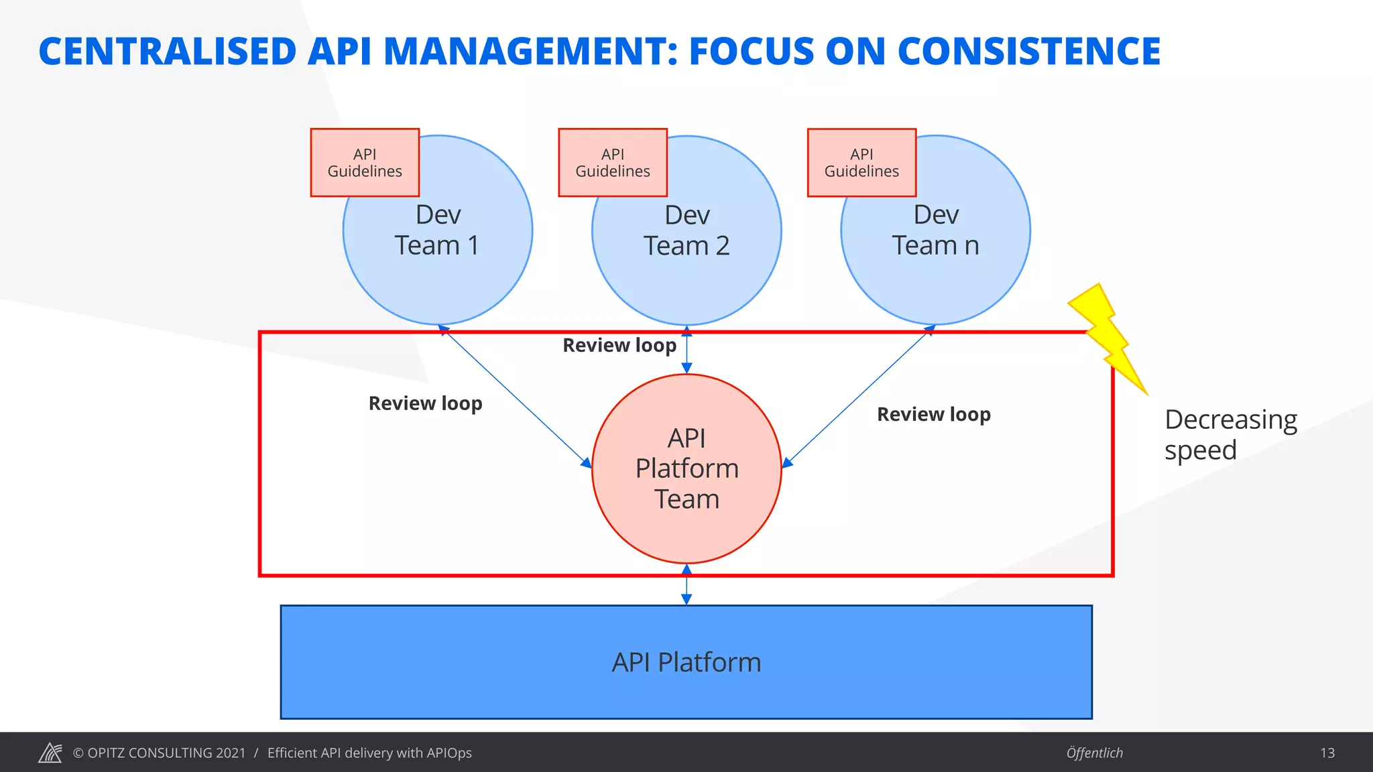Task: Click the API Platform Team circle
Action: [x=686, y=468]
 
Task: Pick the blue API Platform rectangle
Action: [x=686, y=662]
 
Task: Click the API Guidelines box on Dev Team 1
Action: [x=365, y=163]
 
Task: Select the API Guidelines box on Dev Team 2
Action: [x=613, y=163]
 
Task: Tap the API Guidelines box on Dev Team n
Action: [x=861, y=163]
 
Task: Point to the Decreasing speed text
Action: [x=1230, y=434]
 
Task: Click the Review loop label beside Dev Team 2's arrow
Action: [x=619, y=345]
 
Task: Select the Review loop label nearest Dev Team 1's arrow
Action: [x=425, y=403]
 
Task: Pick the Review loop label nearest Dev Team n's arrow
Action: [x=933, y=414]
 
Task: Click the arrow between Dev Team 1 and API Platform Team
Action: [x=514, y=396]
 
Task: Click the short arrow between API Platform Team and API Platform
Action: [x=686, y=584]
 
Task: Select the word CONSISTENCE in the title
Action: [x=1028, y=52]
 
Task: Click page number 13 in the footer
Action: [x=1327, y=753]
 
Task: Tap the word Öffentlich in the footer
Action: [x=1094, y=753]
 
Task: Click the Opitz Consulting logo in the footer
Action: [x=50, y=753]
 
